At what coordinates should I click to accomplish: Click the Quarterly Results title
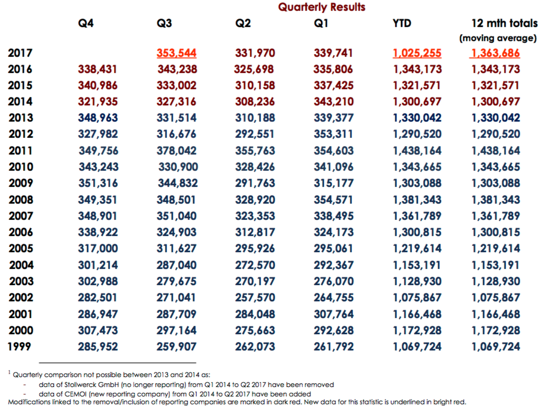pos(321,7)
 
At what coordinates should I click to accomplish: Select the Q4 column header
pos(86,24)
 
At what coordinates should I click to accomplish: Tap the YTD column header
pos(402,24)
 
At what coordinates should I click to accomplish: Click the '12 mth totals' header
pos(505,24)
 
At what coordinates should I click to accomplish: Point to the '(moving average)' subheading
pos(498,38)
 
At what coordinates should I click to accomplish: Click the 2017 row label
pos(20,53)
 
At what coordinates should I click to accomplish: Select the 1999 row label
pos(19,346)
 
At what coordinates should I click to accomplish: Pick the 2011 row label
pos(20,150)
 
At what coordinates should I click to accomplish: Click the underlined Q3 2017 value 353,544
pos(177,53)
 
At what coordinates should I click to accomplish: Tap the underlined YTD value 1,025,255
pos(417,53)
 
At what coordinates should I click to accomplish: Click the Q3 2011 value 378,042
pos(177,150)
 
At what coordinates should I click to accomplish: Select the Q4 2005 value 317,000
pos(98,249)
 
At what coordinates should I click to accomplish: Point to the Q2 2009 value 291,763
pos(255,183)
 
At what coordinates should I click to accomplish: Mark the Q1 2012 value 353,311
pos(333,134)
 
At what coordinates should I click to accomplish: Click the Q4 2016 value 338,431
pos(98,69)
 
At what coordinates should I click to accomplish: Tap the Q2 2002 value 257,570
pos(255,298)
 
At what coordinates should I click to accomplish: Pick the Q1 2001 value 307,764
pos(334,314)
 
